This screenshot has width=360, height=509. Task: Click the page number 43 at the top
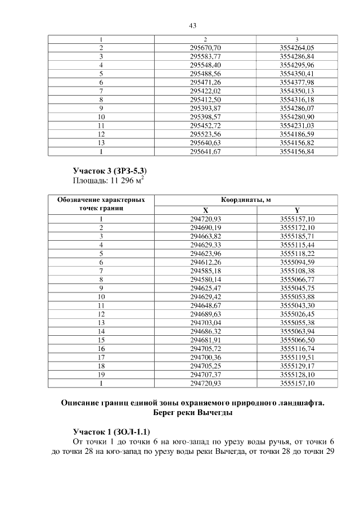pyautogui.click(x=192, y=26)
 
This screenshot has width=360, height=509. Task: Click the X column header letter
pyautogui.click(x=205, y=210)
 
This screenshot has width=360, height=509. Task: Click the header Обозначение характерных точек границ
pyautogui.click(x=101, y=204)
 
